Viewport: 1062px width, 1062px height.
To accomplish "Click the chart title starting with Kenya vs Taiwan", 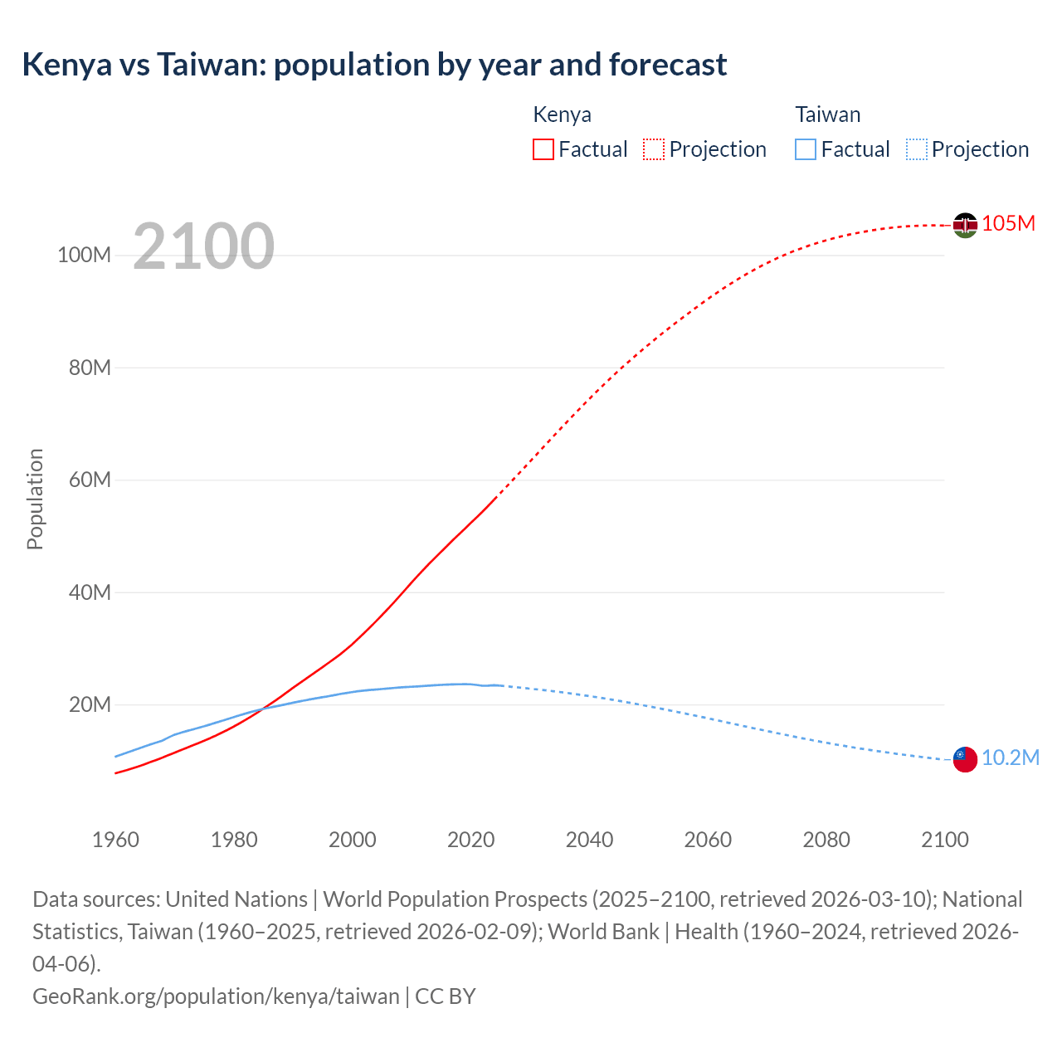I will coord(374,65).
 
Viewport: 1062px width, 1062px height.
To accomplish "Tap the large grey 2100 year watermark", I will coord(203,246).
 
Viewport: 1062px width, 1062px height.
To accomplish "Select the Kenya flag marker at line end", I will coord(964,225).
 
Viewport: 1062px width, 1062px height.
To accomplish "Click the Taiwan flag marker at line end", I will coord(964,758).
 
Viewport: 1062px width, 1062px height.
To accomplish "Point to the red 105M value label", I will coord(1008,224).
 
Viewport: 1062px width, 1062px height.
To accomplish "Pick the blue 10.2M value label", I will coord(1010,758).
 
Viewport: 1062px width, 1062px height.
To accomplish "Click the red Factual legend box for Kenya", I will coord(543,149).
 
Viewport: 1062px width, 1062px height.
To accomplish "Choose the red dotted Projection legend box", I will coord(654,149).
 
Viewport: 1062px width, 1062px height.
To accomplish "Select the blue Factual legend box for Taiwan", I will coord(806,149).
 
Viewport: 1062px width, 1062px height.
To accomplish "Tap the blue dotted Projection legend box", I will coord(917,149).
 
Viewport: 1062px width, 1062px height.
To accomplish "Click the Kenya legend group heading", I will coord(562,114).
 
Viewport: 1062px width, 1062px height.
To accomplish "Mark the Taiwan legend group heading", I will coord(827,114).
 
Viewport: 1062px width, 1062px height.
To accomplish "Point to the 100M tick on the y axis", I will coord(84,255).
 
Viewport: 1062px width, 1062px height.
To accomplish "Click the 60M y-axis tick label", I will coord(89,480).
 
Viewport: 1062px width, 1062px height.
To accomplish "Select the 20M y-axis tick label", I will coord(89,704).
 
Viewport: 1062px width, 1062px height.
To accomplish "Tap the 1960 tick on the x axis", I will coord(115,840).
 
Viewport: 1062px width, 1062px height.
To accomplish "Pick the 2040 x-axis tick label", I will coord(589,840).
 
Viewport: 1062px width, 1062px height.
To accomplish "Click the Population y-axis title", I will coord(35,499).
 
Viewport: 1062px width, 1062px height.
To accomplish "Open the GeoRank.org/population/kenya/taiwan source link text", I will coord(216,996).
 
